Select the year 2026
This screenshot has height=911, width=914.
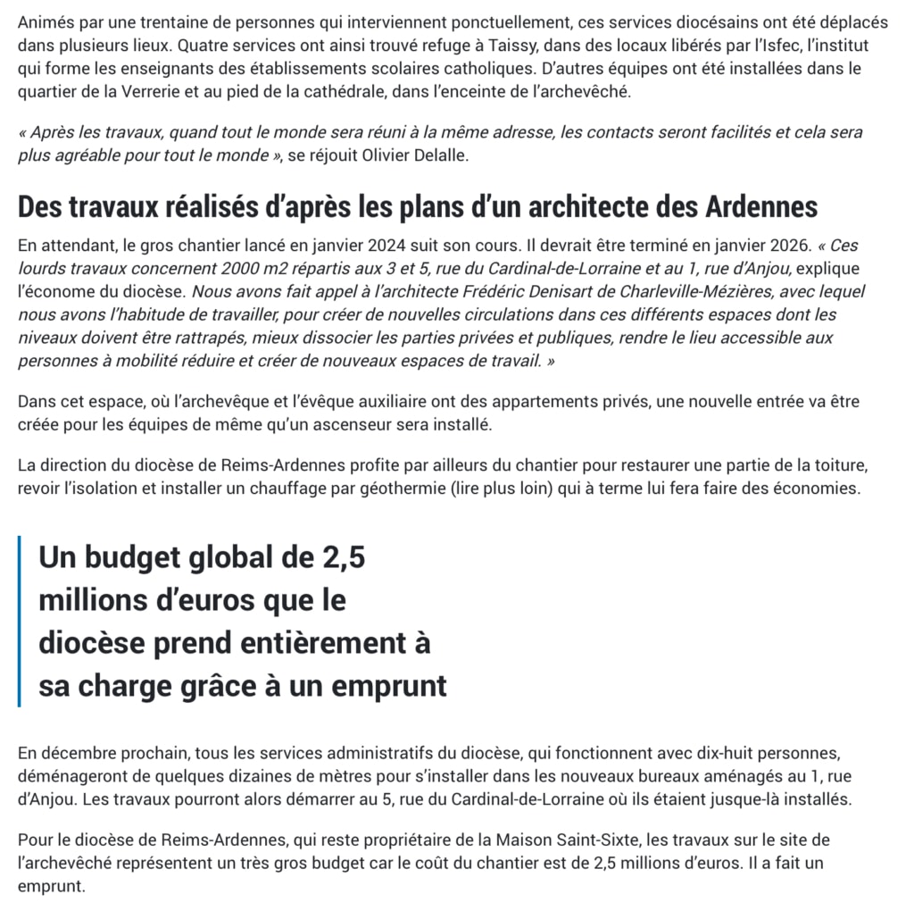779,246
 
